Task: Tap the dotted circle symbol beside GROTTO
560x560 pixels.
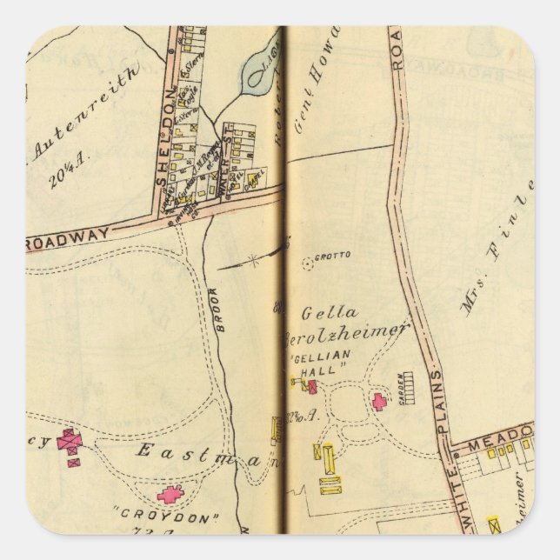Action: (x=306, y=261)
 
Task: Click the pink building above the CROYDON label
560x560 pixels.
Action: (x=170, y=495)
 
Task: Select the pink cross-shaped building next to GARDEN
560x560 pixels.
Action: (x=379, y=402)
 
